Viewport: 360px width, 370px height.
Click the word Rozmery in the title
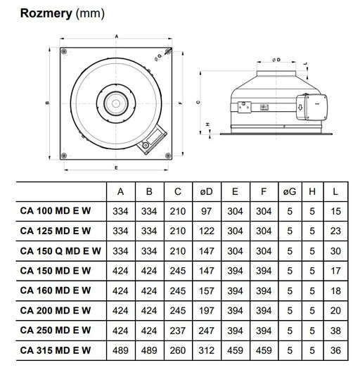pyautogui.click(x=46, y=13)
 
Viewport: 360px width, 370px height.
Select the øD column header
pyautogui.click(x=207, y=191)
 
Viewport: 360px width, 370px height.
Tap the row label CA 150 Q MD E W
pyautogui.click(x=60, y=251)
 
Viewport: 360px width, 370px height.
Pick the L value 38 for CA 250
pyautogui.click(x=335, y=331)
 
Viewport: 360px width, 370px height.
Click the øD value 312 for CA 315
pyautogui.click(x=207, y=350)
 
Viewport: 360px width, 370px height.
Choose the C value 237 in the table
pyautogui.click(x=178, y=331)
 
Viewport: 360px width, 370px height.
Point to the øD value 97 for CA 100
pyautogui.click(x=207, y=211)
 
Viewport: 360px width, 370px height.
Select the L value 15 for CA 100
pyautogui.click(x=335, y=211)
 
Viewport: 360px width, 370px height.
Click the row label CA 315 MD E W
pyautogui.click(x=56, y=350)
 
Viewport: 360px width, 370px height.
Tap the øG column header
pyautogui.click(x=290, y=191)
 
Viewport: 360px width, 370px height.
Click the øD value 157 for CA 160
pyautogui.click(x=207, y=291)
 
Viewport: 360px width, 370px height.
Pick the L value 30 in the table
pyautogui.click(x=335, y=251)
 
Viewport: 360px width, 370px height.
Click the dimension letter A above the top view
pyautogui.click(x=116, y=37)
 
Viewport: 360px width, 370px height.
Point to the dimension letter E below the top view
pyautogui.click(x=116, y=168)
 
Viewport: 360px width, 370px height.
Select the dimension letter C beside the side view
pyautogui.click(x=198, y=102)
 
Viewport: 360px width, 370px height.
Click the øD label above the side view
pyautogui.click(x=276, y=60)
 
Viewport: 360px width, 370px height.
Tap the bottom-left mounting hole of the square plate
pyautogui.click(x=64, y=155)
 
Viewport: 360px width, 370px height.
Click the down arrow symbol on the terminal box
pyautogui.click(x=300, y=108)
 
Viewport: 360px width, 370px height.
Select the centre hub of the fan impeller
pyautogui.click(x=116, y=103)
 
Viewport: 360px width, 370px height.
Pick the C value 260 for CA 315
pyautogui.click(x=178, y=350)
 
